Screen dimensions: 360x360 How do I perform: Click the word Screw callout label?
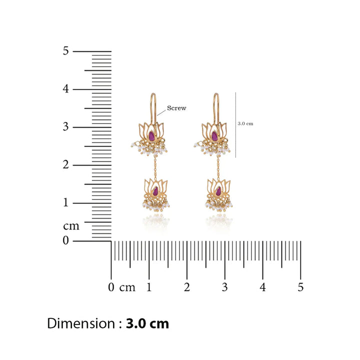(x=176, y=108)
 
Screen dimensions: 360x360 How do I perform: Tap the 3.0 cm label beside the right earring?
(x=245, y=123)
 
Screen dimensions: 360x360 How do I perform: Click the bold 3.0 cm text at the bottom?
(x=147, y=323)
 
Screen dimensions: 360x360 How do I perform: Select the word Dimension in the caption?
(x=81, y=323)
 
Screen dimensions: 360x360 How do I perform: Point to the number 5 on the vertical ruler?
(x=66, y=50)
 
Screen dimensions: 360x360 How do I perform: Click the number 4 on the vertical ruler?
(x=66, y=88)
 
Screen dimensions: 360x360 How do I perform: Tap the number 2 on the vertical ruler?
(x=66, y=164)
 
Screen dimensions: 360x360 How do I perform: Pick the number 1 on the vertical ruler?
(x=66, y=202)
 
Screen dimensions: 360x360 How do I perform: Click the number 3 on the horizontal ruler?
(x=225, y=287)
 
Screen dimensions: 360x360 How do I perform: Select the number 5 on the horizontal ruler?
(x=300, y=287)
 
